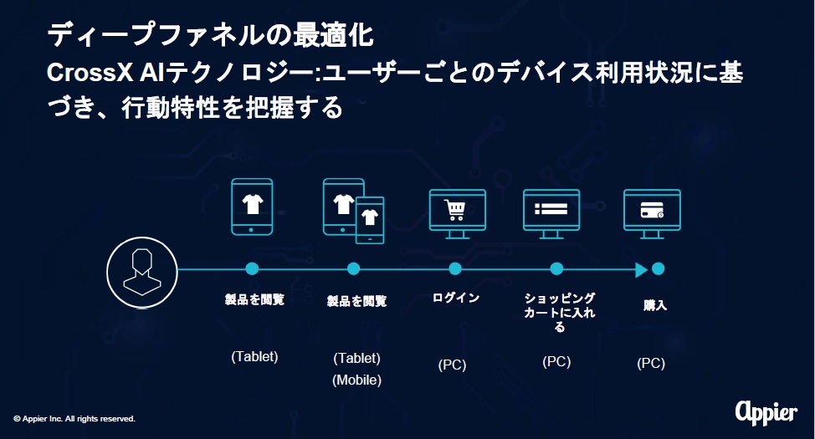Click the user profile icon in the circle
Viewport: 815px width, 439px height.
142,273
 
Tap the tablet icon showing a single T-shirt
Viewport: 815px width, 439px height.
252,207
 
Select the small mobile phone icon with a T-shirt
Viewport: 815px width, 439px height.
370,220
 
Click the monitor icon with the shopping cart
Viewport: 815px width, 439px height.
458,214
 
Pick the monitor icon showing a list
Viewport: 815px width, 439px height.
551,214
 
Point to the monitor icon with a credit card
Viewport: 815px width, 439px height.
652,214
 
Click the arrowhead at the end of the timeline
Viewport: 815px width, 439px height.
642,269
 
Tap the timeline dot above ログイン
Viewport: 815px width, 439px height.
455,268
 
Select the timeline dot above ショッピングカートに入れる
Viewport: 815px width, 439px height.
556,268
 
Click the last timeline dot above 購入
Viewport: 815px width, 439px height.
658,268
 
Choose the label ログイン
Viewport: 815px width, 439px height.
456,298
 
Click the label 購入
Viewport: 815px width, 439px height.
655,305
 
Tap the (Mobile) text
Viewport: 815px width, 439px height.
357,380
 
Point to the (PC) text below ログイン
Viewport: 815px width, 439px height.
452,365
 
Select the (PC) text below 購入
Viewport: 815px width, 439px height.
651,363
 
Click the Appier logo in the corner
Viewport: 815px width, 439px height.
766,412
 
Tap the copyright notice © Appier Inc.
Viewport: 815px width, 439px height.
74,419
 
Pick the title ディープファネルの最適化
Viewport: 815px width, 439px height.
211,35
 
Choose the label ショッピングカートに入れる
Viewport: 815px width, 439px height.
559,312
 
